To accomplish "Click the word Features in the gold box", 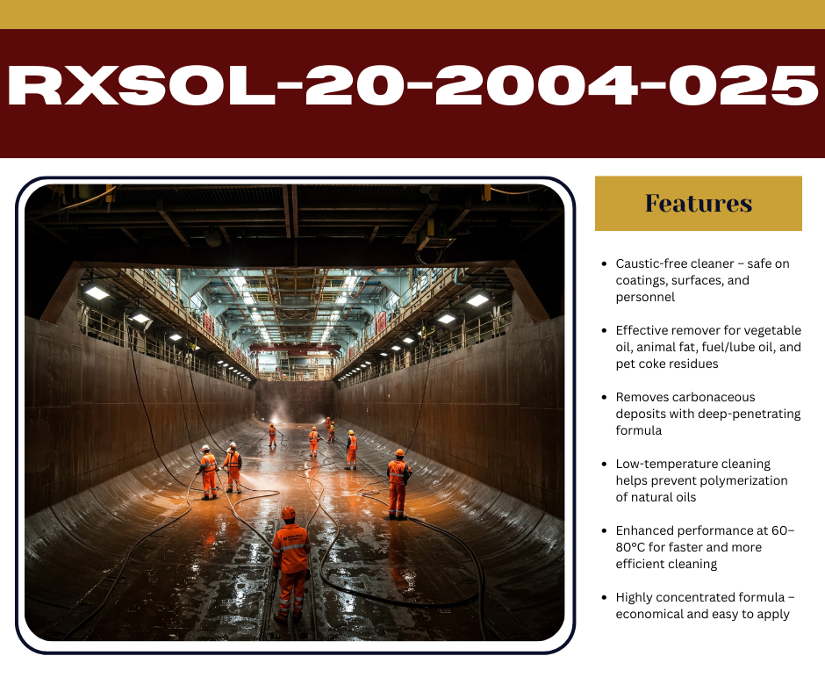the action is (x=699, y=203).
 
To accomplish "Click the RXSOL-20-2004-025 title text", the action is (x=412, y=85).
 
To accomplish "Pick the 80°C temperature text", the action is (x=630, y=547).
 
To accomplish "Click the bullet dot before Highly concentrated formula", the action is (x=604, y=597).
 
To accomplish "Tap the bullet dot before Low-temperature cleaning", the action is (x=604, y=464).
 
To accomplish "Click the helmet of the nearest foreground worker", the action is (x=289, y=513).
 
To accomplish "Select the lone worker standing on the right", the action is (x=398, y=484).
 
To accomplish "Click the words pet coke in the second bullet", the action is (x=638, y=364).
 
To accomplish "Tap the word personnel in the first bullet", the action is (x=645, y=298).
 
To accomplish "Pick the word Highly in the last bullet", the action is (x=634, y=598).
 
